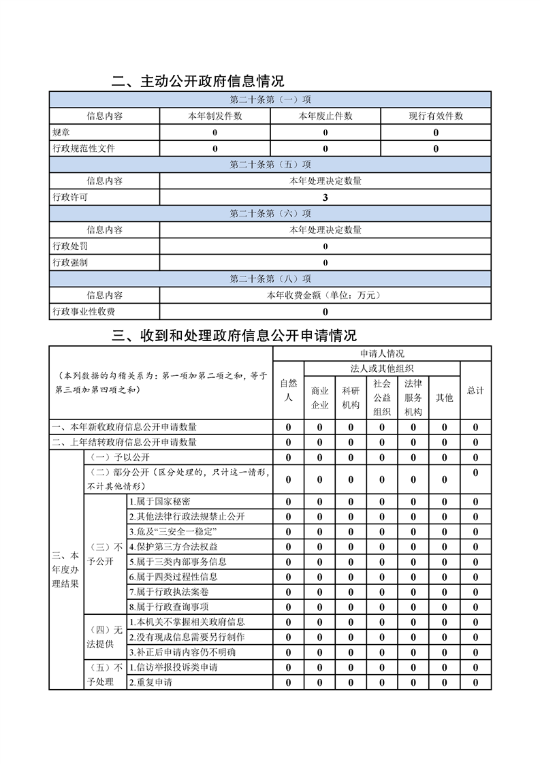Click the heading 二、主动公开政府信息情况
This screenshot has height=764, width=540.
click(198, 82)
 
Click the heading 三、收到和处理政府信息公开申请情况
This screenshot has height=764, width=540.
click(234, 335)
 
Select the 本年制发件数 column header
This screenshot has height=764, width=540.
click(215, 116)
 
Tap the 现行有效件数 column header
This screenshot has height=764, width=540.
click(436, 116)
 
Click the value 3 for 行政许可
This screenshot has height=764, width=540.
click(325, 197)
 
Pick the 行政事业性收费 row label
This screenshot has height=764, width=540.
click(83, 311)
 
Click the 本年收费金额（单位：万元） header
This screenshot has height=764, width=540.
click(325, 295)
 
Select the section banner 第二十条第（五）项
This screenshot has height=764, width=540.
click(270, 165)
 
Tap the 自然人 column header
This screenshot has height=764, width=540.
click(289, 390)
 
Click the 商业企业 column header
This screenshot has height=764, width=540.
click(320, 398)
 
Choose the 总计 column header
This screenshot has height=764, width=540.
click(475, 390)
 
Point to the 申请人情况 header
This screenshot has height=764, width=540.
click(382, 353)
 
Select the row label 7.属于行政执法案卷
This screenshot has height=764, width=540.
click(163, 591)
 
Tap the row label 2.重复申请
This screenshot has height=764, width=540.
click(150, 682)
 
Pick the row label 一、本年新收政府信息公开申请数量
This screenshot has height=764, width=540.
click(125, 427)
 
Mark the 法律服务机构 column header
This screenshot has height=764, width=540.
click(413, 398)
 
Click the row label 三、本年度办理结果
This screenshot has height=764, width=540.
click(65, 569)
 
